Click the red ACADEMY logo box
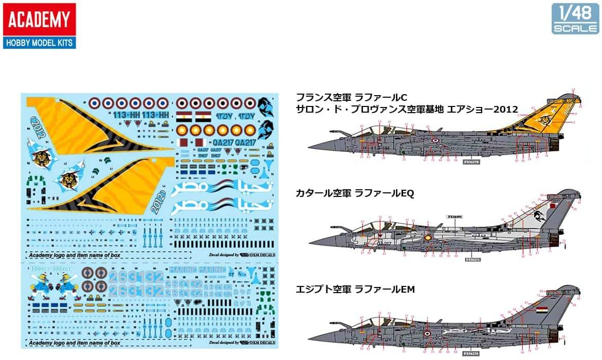click(x=39, y=19)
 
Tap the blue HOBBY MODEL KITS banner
click(x=39, y=42)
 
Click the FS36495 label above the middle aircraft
click(x=455, y=217)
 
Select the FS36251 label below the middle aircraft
click(x=472, y=260)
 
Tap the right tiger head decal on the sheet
click(x=67, y=179)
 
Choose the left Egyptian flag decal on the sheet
click(x=184, y=115)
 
